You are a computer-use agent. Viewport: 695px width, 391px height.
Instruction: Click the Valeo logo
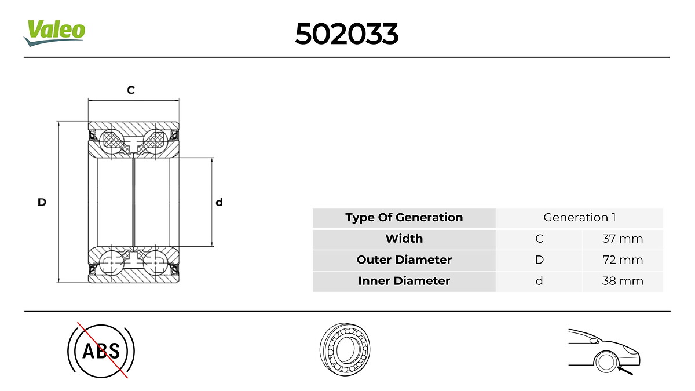coord(54,32)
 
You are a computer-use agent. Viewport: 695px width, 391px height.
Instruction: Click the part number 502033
coord(346,35)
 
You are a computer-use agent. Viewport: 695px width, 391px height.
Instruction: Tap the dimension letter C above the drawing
coord(131,90)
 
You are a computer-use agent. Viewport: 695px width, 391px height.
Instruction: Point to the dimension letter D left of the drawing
coord(42,202)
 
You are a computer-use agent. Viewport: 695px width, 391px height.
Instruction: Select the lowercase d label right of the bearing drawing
coord(219,202)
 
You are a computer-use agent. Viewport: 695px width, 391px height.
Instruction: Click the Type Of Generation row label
coord(404,218)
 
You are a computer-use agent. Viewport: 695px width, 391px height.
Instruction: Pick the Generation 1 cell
coord(579,218)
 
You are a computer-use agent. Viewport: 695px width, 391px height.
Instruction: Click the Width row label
coord(404,239)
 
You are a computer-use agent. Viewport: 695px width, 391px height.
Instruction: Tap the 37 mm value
coord(622,239)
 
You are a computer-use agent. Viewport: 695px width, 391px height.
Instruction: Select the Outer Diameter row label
coord(404,260)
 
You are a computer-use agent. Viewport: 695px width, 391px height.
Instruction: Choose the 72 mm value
coord(622,260)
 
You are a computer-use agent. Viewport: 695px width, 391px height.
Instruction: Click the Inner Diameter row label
coord(404,281)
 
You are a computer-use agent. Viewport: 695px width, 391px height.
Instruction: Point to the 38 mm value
coord(622,281)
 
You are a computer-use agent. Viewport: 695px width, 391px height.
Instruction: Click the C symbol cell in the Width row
coord(539,239)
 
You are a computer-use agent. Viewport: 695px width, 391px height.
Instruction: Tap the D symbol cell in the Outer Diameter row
coord(539,260)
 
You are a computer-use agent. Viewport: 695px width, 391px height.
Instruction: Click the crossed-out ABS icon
coord(101,350)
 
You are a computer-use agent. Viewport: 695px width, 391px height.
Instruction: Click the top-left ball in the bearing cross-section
coord(111,140)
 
